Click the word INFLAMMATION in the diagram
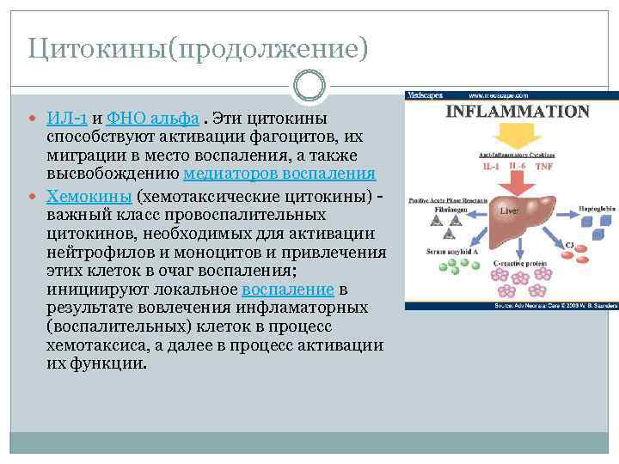coord(517,112)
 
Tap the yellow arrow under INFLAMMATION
coord(515,135)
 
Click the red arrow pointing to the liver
coord(515,180)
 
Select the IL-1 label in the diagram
coord(491,166)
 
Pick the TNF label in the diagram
coord(544,166)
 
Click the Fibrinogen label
coord(443,208)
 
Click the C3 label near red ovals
coord(569,246)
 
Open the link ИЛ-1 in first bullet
coord(66,118)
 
